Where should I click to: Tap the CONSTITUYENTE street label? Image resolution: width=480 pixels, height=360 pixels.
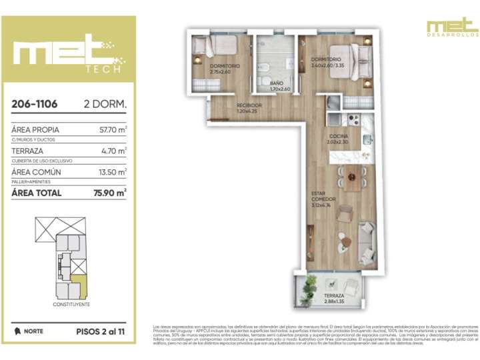coord(71,304)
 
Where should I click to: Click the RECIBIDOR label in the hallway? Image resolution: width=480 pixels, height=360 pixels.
coord(249,105)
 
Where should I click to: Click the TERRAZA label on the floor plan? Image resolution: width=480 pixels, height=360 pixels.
coord(334,295)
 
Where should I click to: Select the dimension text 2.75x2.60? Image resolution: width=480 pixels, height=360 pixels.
coord(220,72)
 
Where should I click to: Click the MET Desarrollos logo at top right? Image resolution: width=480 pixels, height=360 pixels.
coord(452,27)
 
